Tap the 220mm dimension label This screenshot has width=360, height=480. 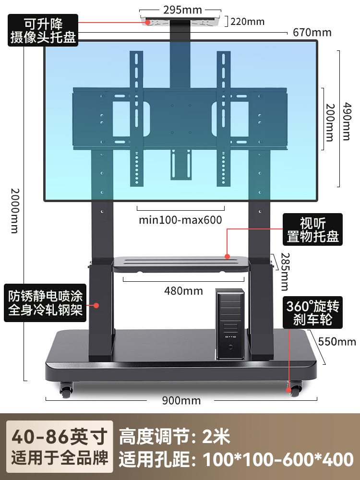[x=248, y=21]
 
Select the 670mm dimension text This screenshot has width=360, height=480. [x=312, y=33]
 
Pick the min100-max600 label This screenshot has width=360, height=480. [x=180, y=220]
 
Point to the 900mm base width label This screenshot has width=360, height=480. [x=181, y=400]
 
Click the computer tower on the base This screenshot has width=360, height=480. [x=230, y=324]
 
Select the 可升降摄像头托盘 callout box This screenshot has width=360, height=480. [x=43, y=30]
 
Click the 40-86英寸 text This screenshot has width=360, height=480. [x=59, y=437]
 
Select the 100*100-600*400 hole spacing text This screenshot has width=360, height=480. [x=278, y=459]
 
